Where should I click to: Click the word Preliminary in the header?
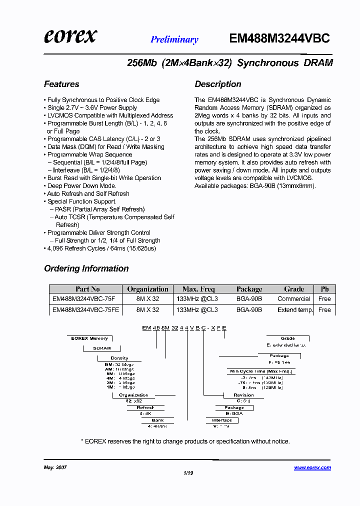pyautogui.click(x=174, y=39)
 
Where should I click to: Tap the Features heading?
pyautogui.click(x=61, y=84)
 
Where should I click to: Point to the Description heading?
pyautogui.click(x=218, y=84)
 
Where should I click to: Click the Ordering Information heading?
pyautogui.click(x=86, y=268)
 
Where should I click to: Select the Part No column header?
pyautogui.click(x=87, y=289)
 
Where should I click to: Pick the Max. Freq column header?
pyautogui.click(x=198, y=289)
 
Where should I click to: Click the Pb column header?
pyautogui.click(x=324, y=289)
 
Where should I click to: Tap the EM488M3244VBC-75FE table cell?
pyautogui.click(x=85, y=309)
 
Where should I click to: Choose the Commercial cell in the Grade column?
pyautogui.click(x=293, y=299)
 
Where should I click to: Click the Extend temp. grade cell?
pyautogui.click(x=295, y=309)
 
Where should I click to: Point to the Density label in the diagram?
pyautogui.click(x=119, y=358)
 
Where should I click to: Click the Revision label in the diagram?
pyautogui.click(x=243, y=395)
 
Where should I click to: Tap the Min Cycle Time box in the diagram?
pyautogui.click(x=261, y=371)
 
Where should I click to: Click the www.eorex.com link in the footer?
pyautogui.click(x=312, y=467)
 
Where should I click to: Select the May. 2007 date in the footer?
pyautogui.click(x=55, y=467)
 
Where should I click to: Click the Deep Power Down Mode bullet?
pyautogui.click(x=81, y=185)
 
